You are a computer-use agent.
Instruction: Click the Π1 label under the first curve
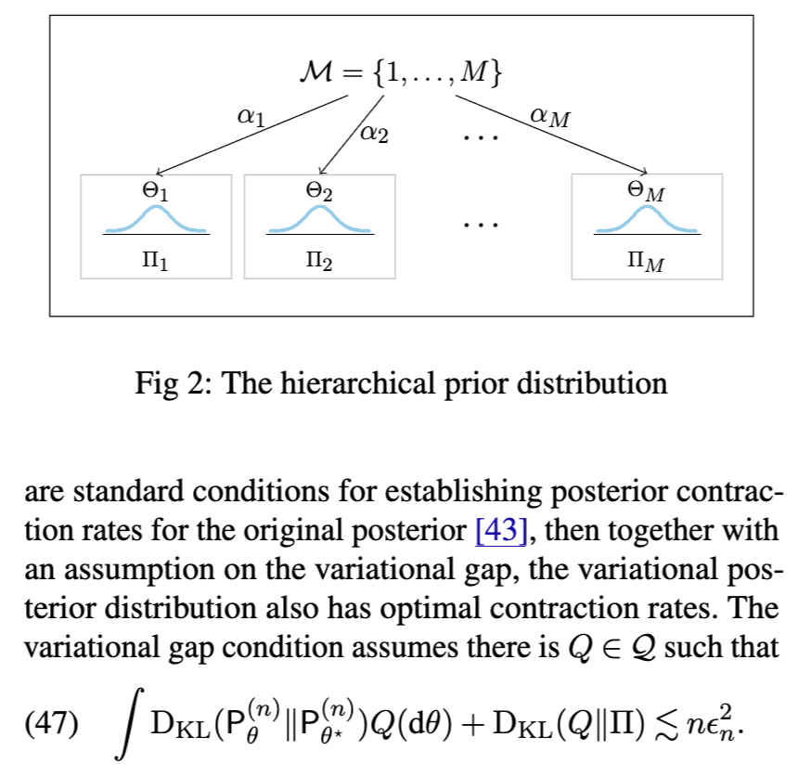(156, 263)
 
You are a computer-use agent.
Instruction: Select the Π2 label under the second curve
(319, 263)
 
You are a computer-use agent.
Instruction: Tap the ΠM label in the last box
(646, 264)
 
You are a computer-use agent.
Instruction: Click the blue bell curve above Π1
(156, 219)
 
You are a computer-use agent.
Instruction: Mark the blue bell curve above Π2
(319, 219)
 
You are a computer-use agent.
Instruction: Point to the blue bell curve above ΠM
(646, 219)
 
